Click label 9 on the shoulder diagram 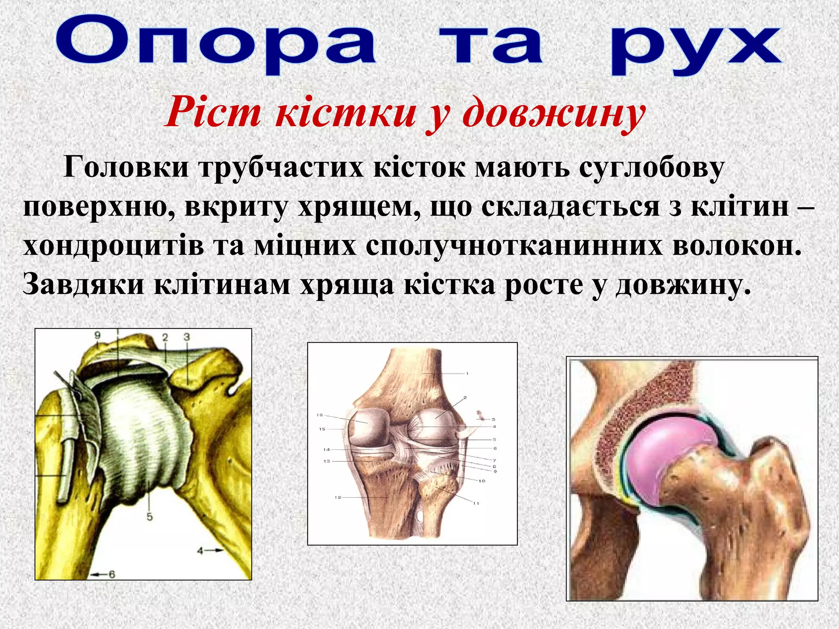click(x=98, y=336)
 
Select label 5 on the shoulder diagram click(x=150, y=517)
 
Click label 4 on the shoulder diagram click(x=200, y=551)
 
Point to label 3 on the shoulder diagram click(x=187, y=337)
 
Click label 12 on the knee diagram click(x=338, y=498)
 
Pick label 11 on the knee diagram click(x=476, y=503)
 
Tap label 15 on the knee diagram click(x=322, y=429)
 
